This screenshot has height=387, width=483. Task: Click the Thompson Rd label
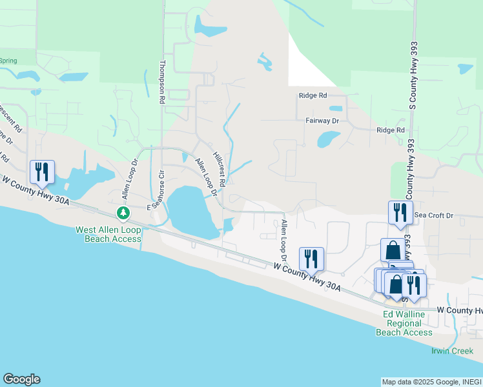tap(163, 83)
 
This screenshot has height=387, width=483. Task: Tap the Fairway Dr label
tap(322, 121)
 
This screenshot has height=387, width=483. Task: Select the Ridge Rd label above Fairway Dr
tap(313, 95)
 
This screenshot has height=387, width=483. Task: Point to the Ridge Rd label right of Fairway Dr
tap(391, 130)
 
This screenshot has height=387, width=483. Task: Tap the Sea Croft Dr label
tap(434, 215)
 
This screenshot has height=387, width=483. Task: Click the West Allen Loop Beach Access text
tap(108, 234)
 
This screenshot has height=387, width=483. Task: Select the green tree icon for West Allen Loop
tap(122, 212)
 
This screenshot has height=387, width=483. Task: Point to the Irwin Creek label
tap(452, 351)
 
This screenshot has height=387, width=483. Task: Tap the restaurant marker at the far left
tap(42, 172)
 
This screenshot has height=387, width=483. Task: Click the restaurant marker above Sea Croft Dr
tap(400, 212)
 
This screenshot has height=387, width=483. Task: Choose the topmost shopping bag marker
tap(393, 250)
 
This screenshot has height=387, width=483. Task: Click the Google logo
tap(21, 379)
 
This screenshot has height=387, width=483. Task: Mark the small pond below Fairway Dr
tap(328, 139)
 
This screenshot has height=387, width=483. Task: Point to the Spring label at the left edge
tap(8, 61)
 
